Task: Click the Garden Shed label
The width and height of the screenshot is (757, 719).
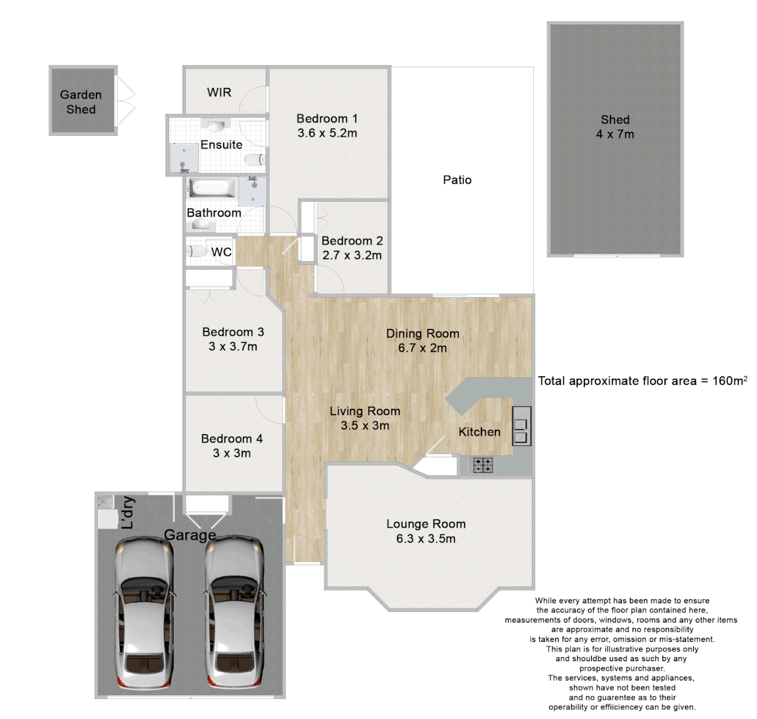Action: [81, 102]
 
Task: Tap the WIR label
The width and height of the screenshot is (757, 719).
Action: [219, 92]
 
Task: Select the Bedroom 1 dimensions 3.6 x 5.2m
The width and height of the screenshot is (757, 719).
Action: [327, 133]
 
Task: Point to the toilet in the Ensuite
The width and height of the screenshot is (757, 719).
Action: [254, 160]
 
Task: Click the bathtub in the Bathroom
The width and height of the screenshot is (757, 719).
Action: [211, 188]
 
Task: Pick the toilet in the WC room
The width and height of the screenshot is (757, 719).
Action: [196, 252]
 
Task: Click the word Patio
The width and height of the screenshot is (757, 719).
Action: [457, 180]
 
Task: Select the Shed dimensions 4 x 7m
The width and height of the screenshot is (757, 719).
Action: [615, 134]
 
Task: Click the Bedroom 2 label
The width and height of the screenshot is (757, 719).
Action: [352, 241]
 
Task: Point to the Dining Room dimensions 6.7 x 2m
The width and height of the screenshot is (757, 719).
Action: [422, 348]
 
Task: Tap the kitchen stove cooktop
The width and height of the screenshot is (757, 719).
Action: [483, 465]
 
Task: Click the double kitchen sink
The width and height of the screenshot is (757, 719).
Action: [521, 426]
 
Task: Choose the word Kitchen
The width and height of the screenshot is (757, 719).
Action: [479, 432]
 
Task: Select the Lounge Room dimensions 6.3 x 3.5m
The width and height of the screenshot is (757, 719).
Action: [425, 539]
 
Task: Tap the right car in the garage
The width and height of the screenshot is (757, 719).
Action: [234, 616]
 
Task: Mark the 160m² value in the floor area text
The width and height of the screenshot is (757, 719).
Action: [728, 381]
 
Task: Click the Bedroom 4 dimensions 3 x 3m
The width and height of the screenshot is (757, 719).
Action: [232, 453]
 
